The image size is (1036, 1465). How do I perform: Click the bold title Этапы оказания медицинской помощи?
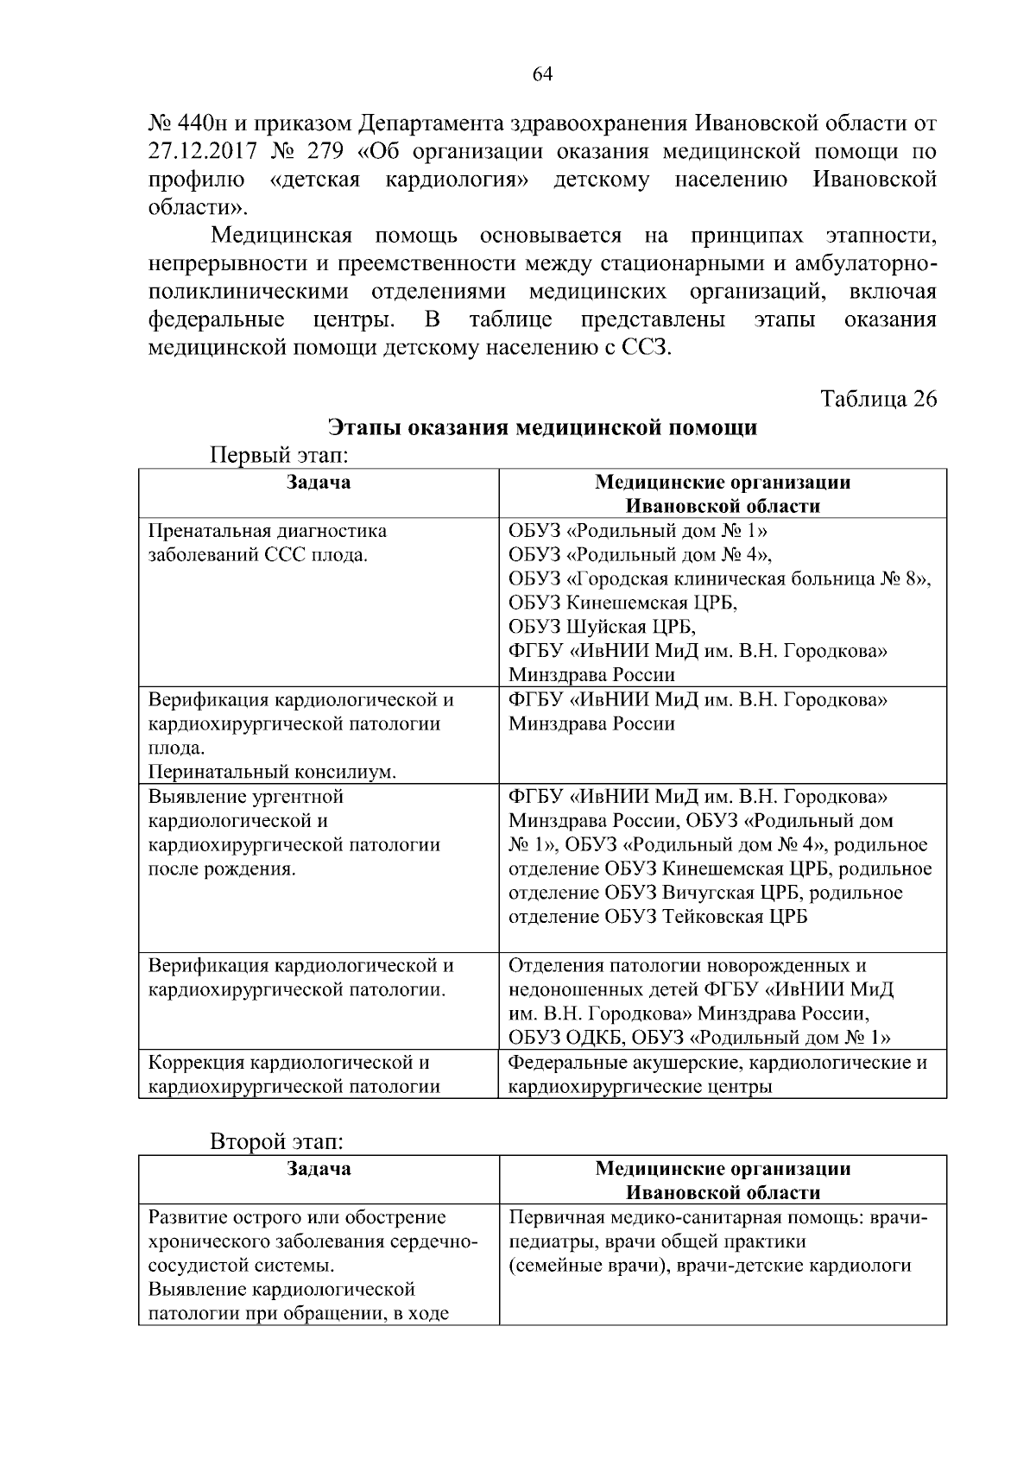pyautogui.click(x=542, y=427)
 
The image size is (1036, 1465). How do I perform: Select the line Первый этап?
pyautogui.click(x=278, y=454)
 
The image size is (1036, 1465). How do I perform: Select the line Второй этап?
pyautogui.click(x=277, y=1141)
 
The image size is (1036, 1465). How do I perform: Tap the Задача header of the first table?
pyautogui.click(x=319, y=482)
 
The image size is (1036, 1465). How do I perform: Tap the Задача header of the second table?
pyautogui.click(x=319, y=1169)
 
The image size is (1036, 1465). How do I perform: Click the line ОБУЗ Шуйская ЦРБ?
pyautogui.click(x=602, y=626)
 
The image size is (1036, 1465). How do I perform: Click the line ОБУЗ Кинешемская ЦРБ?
pyautogui.click(x=622, y=602)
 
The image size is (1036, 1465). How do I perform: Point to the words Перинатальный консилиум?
pyautogui.click(x=272, y=772)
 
